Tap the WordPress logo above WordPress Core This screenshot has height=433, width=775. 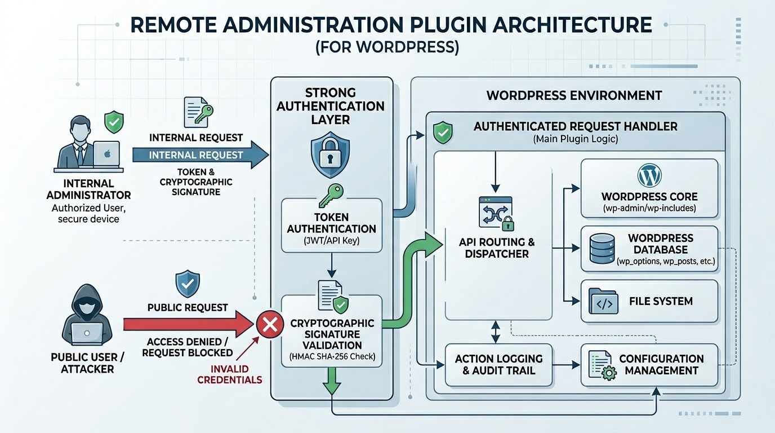(x=649, y=176)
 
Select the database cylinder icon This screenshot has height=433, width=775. (x=602, y=249)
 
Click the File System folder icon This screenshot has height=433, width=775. (x=603, y=302)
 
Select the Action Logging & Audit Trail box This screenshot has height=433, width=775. (x=498, y=365)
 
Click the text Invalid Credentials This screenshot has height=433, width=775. (x=229, y=374)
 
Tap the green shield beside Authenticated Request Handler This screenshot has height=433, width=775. (x=442, y=132)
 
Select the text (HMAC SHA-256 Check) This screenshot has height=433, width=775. (x=332, y=356)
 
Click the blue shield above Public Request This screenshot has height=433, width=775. (x=187, y=284)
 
